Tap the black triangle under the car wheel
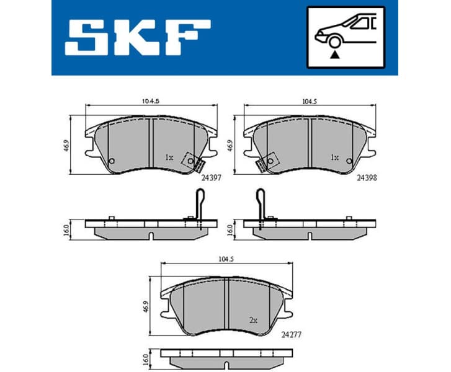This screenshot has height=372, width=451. point(336,55)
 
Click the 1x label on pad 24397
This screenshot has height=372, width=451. point(169,157)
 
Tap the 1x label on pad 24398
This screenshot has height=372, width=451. point(334,157)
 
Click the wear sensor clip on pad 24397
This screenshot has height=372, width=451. point(194,162)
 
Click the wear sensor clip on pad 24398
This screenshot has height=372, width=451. point(265,162)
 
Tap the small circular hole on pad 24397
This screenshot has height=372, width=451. point(112,162)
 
